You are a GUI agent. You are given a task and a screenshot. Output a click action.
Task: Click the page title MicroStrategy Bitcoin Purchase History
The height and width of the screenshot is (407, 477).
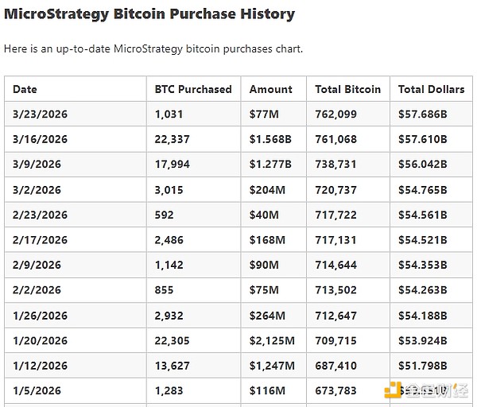pyautogui.click(x=149, y=14)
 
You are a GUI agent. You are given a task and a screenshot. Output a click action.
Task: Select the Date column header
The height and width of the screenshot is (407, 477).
pyautogui.click(x=25, y=89)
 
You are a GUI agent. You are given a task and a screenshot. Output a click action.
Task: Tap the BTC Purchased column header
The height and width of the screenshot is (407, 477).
pyautogui.click(x=193, y=89)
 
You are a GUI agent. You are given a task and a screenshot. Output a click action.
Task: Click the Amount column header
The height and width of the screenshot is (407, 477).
pyautogui.click(x=271, y=89)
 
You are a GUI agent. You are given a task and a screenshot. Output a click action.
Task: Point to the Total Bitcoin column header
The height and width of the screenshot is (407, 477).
pyautogui.click(x=347, y=89)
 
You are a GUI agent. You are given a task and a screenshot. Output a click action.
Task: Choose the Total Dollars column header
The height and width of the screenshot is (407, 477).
pyautogui.click(x=431, y=89)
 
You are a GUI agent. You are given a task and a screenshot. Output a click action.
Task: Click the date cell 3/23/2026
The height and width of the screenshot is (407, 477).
pyautogui.click(x=40, y=114)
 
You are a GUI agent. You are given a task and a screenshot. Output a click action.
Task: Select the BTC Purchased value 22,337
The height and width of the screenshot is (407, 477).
pyautogui.click(x=173, y=140)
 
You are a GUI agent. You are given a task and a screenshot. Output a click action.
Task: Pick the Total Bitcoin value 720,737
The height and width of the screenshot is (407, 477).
pyautogui.click(x=335, y=190)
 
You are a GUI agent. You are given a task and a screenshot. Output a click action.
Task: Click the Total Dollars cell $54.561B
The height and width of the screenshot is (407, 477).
pyautogui.click(x=423, y=215)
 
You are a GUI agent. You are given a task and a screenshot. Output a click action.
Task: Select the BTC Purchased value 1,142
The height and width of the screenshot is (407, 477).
pyautogui.click(x=169, y=266)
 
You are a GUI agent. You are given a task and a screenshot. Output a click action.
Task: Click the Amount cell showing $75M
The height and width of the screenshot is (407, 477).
pyautogui.click(x=264, y=291)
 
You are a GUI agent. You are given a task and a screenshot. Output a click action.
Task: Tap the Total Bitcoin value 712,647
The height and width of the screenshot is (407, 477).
pyautogui.click(x=335, y=316)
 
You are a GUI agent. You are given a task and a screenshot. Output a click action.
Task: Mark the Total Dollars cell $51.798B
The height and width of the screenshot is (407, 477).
pyautogui.click(x=423, y=366)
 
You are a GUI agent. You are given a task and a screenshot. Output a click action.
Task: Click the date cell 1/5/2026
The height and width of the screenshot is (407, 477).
pyautogui.click(x=37, y=391)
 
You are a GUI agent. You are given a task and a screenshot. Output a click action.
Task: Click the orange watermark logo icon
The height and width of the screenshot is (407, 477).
pyautogui.click(x=391, y=390)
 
